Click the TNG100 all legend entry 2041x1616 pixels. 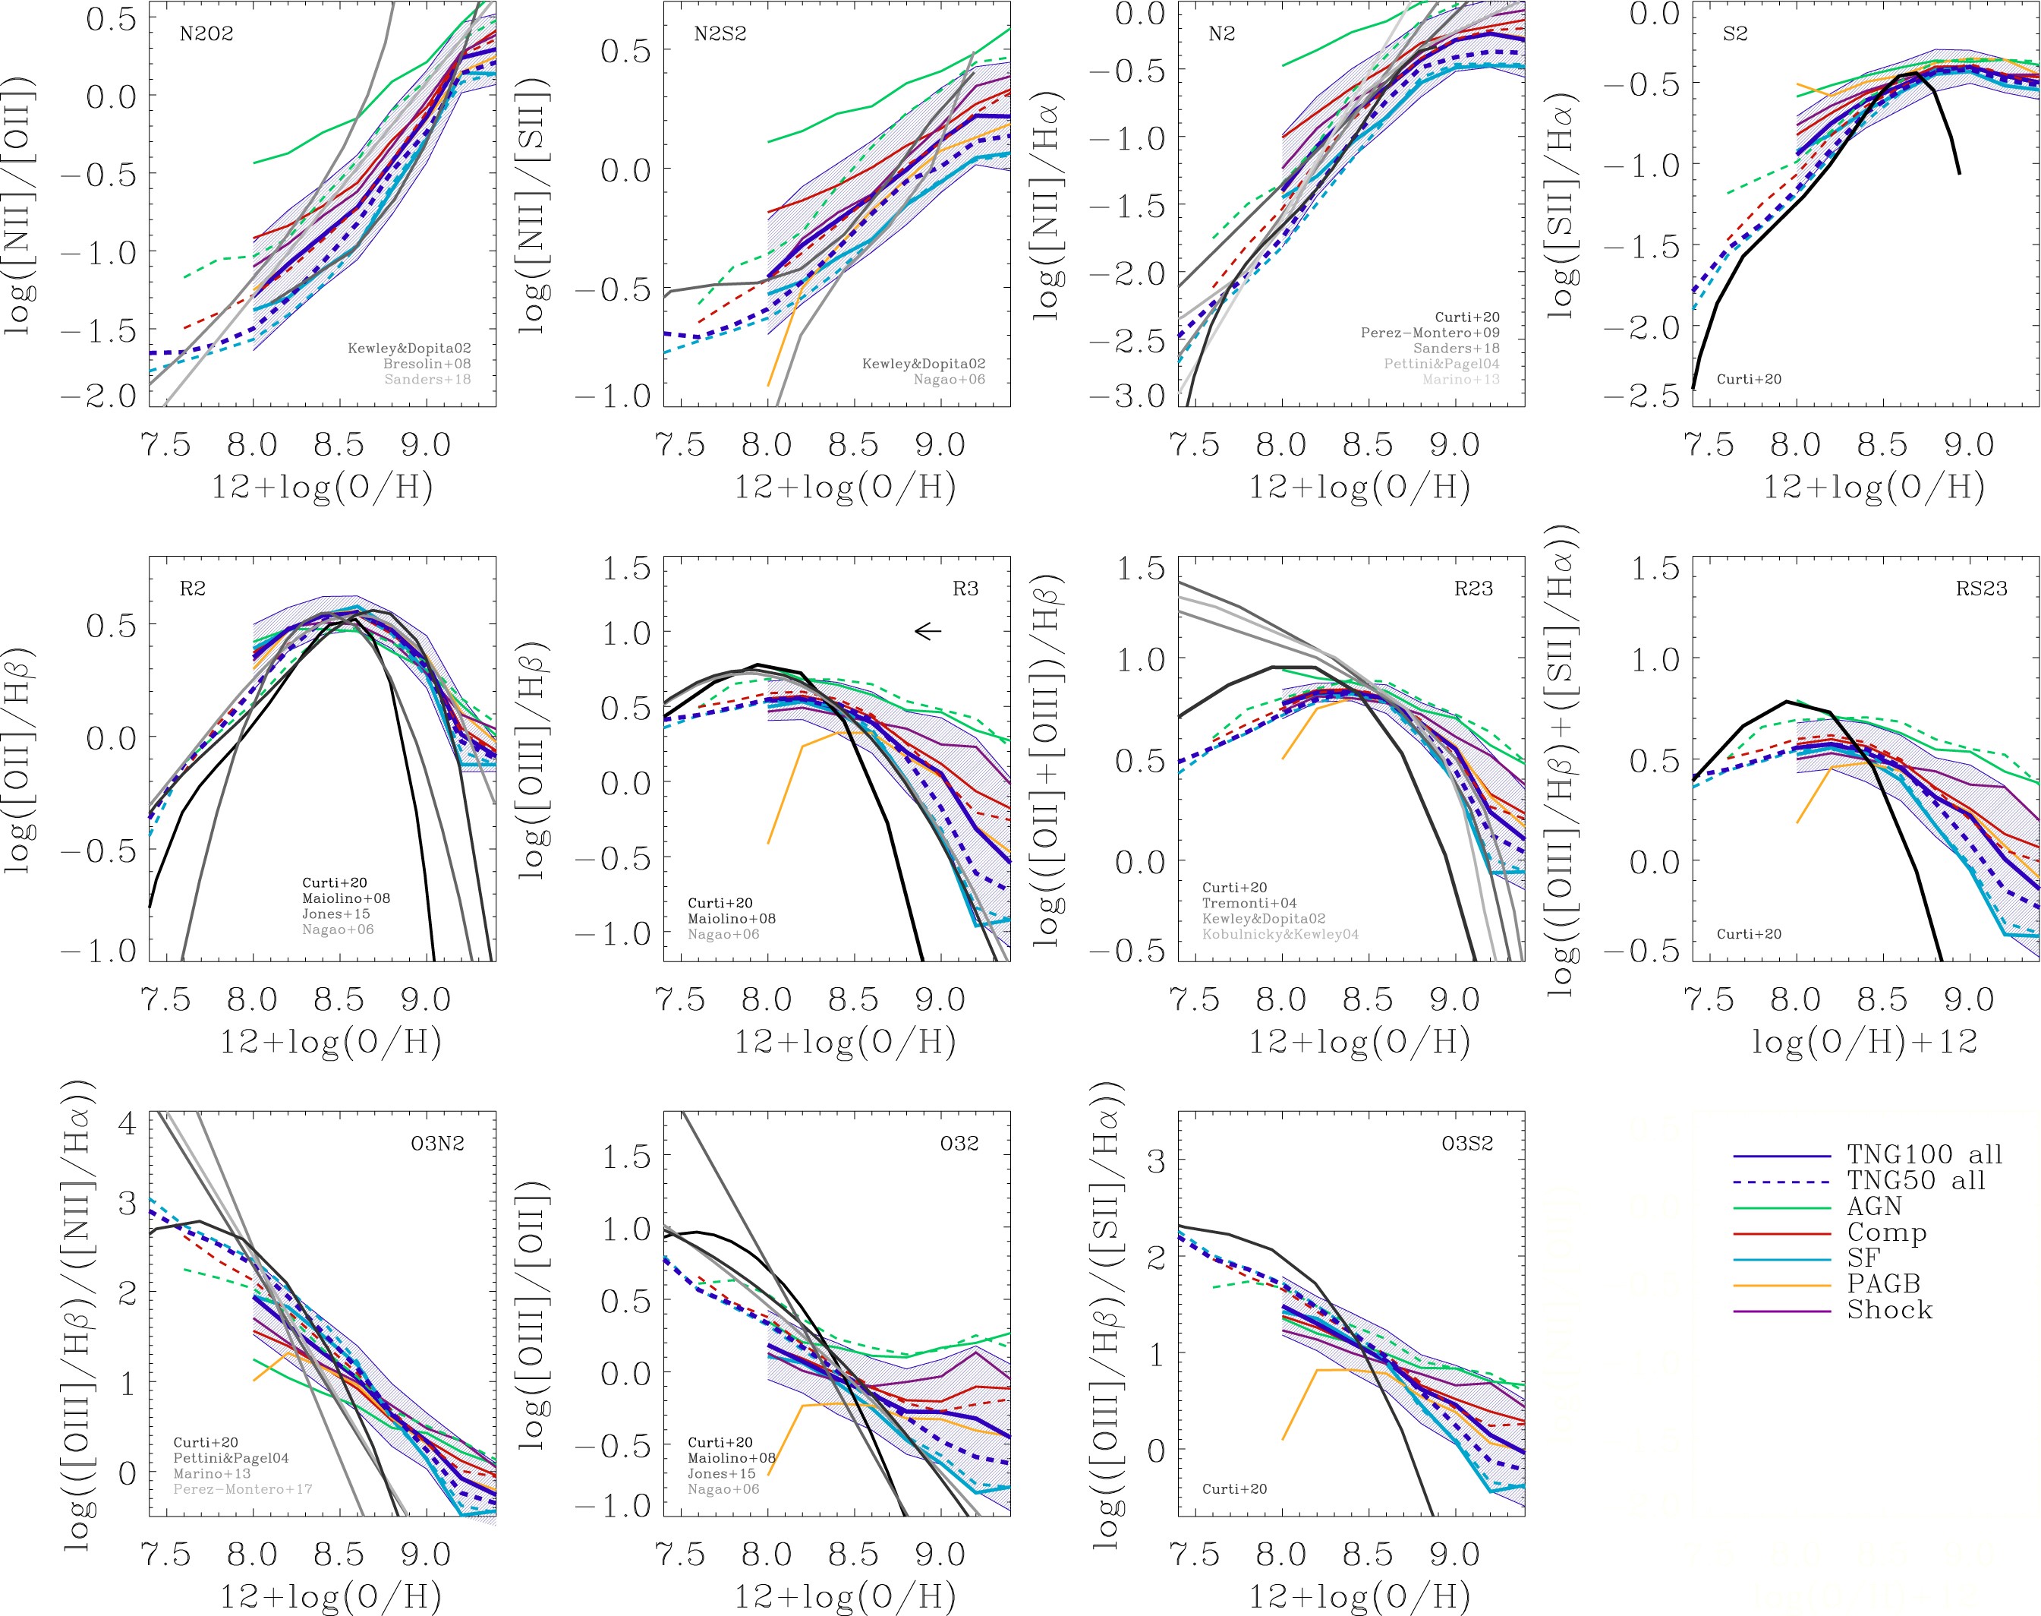coord(1923,1155)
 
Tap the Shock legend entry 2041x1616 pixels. coord(1888,1311)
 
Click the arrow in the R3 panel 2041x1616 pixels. coord(928,631)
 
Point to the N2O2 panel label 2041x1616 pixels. coord(206,34)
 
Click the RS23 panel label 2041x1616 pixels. coord(1980,589)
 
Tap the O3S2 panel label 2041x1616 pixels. coord(1467,1144)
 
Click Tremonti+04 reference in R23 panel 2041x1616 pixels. coord(1249,904)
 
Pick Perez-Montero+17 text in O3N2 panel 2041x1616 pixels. coord(242,1489)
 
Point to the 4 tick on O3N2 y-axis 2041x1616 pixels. coord(127,1124)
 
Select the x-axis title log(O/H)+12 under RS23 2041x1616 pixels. coord(1864,1042)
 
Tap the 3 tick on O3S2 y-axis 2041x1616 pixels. coord(1156,1162)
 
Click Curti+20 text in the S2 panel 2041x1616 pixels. coord(1749,380)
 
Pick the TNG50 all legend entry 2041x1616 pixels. coord(1915,1181)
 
